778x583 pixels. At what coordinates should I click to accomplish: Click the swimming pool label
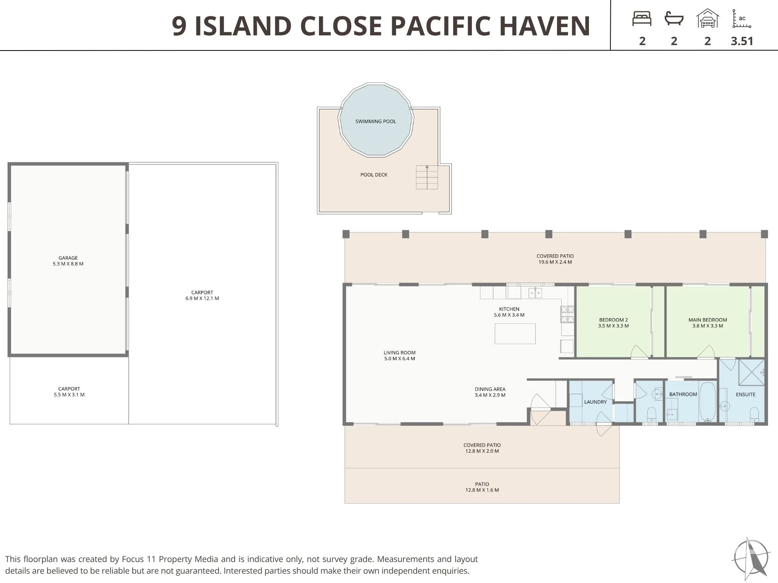pos(376,121)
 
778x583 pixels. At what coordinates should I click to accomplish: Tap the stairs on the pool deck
pos(427,177)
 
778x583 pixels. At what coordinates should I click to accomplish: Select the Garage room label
pos(68,258)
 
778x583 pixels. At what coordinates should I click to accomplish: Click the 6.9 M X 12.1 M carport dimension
pos(202,298)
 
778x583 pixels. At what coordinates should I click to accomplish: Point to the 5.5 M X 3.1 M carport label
pos(69,392)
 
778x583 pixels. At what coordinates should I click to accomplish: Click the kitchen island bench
pos(515,333)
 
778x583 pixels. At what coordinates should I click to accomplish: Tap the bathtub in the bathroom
pos(707,401)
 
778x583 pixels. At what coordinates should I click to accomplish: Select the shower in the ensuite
pos(752,372)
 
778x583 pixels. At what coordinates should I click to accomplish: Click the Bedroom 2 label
pos(613,323)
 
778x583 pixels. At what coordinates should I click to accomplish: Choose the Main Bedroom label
pos(708,323)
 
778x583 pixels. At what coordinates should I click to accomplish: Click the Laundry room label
pos(595,402)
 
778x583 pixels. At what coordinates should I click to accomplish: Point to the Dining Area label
pos(490,392)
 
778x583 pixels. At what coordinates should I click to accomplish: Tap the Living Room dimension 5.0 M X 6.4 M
pos(400,359)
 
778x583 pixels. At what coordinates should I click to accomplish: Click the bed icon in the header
pos(642,19)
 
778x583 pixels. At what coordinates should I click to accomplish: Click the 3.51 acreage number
pos(742,41)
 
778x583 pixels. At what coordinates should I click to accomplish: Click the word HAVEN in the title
pos(545,26)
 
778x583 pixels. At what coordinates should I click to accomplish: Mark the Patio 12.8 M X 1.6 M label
pos(482,487)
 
